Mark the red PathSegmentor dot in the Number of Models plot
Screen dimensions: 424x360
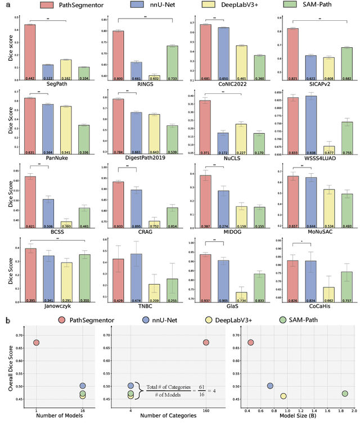37,342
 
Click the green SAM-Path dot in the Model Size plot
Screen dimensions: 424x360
345,393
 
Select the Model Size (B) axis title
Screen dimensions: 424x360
297,417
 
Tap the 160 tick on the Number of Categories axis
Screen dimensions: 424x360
206,409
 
